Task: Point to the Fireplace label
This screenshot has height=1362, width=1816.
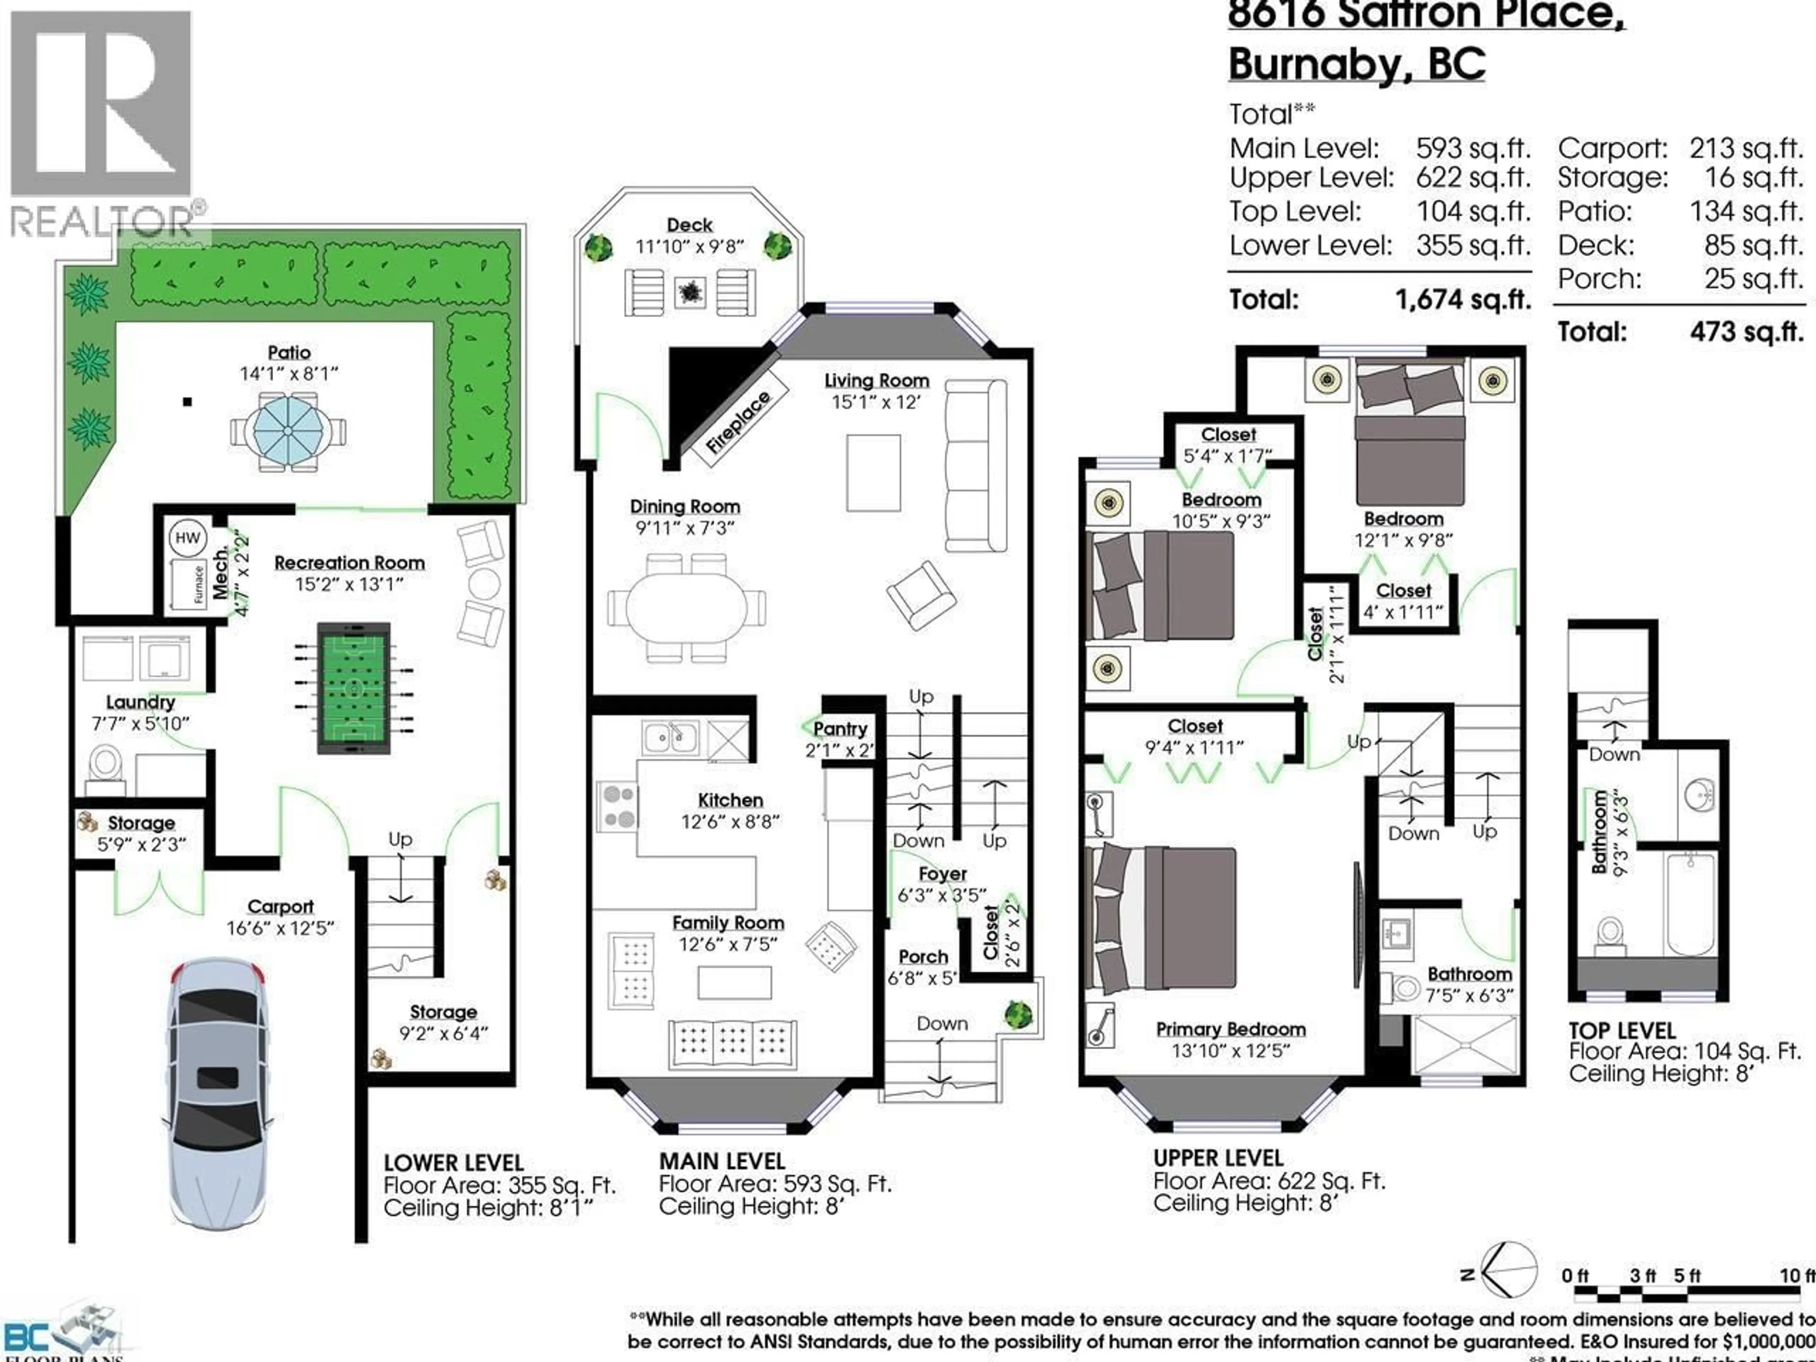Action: (x=739, y=423)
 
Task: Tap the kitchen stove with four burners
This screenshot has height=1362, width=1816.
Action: (x=617, y=806)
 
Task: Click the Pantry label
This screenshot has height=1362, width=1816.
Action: (x=840, y=728)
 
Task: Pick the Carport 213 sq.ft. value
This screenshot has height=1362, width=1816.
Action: (x=1746, y=148)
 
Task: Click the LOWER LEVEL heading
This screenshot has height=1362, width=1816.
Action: (x=453, y=1163)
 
